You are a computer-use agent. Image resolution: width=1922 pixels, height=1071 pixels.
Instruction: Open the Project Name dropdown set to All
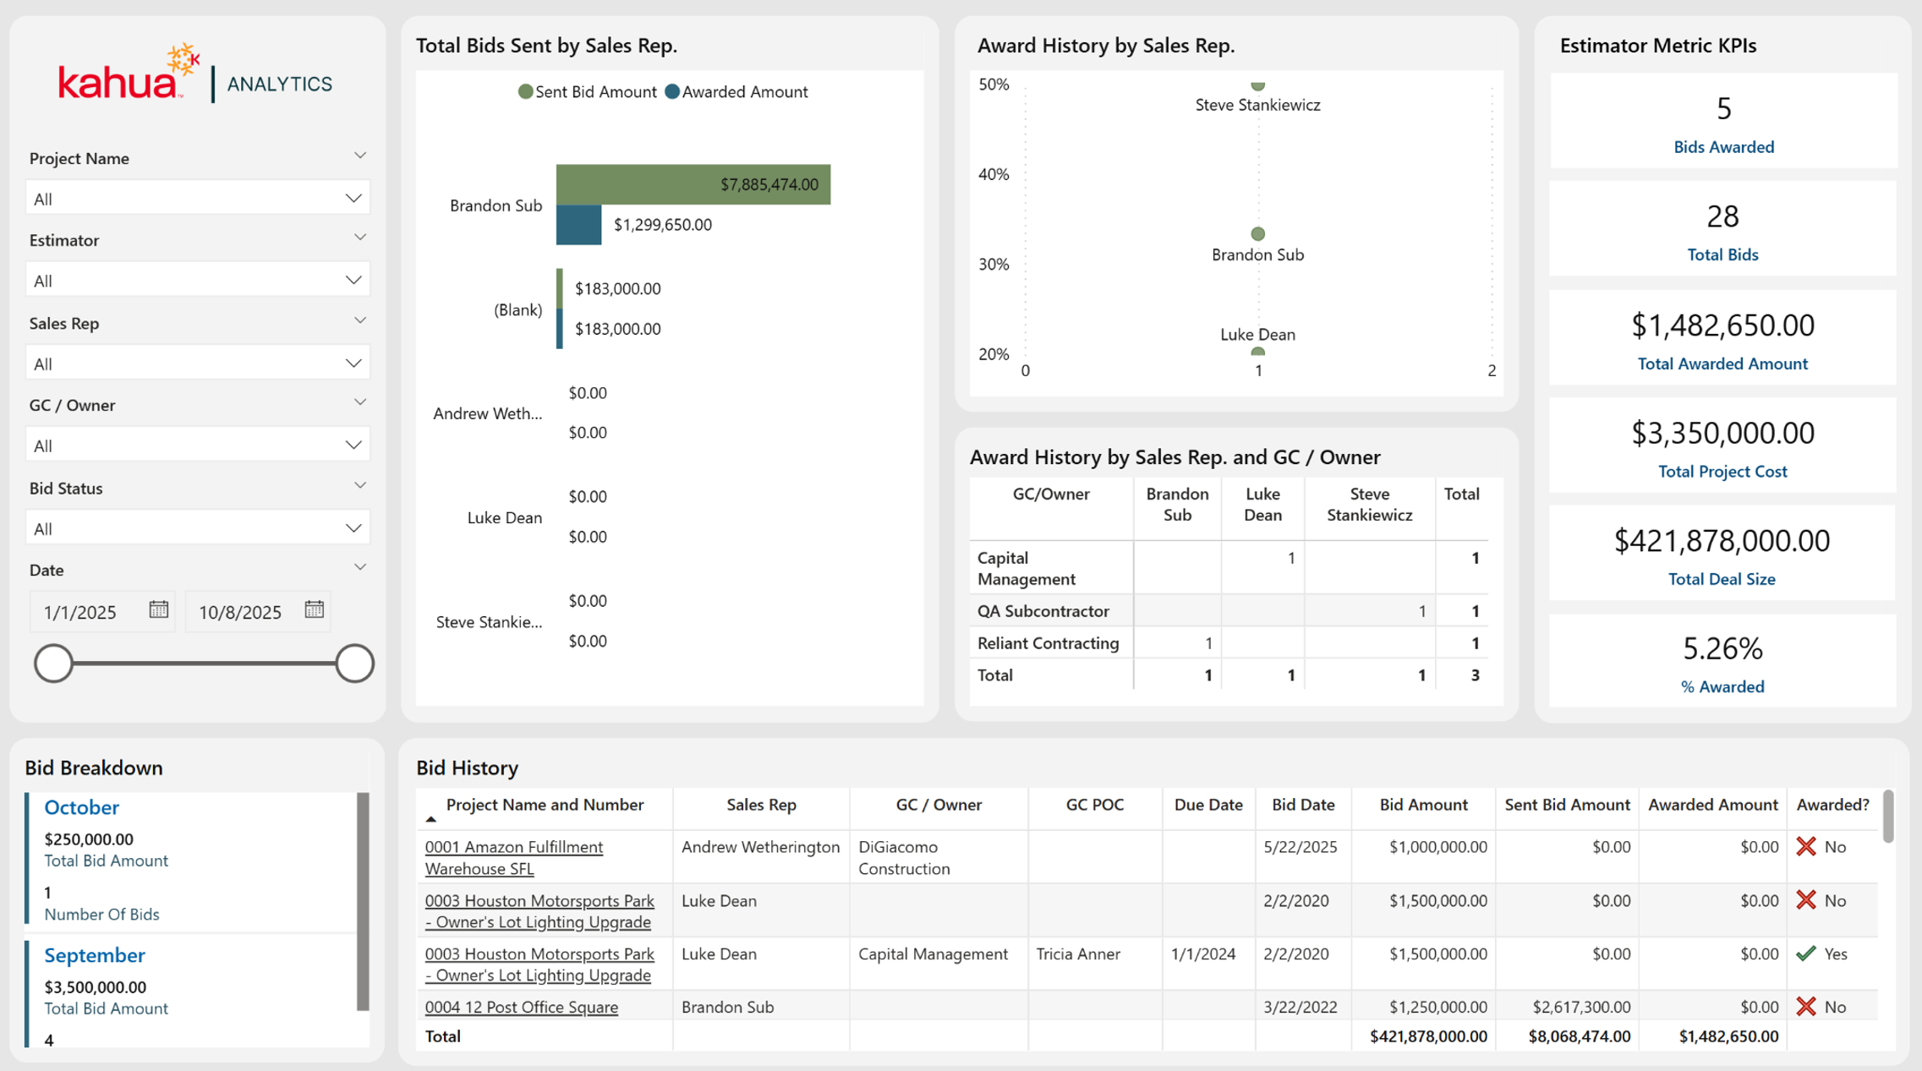(x=198, y=199)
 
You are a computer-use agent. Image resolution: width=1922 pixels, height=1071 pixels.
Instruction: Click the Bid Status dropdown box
(x=198, y=528)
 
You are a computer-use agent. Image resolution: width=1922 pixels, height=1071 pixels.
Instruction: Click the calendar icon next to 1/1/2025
(x=158, y=609)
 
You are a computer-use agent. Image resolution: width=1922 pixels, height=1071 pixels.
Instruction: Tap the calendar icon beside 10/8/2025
(x=314, y=609)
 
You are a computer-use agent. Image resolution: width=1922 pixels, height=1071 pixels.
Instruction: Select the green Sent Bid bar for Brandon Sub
(x=693, y=184)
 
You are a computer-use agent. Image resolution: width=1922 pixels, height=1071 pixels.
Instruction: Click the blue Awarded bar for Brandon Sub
(x=579, y=225)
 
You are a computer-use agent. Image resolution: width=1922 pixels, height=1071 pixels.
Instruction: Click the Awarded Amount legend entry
(x=736, y=92)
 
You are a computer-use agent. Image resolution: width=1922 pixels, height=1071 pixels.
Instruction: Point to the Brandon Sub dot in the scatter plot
(x=1258, y=233)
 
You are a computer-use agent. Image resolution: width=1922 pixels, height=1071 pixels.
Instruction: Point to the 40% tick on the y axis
(x=994, y=174)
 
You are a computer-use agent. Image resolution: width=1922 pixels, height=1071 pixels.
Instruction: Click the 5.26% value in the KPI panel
(x=1722, y=648)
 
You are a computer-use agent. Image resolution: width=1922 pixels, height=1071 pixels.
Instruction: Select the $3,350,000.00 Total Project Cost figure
(x=1722, y=433)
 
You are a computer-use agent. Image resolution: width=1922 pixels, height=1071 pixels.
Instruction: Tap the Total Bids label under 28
(x=1722, y=254)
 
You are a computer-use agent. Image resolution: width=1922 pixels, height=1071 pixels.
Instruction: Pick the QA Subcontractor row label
(x=1043, y=611)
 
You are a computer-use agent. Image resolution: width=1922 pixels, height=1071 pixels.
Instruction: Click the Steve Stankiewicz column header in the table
(x=1369, y=505)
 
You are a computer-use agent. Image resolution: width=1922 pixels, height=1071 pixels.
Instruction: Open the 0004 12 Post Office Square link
(x=521, y=1007)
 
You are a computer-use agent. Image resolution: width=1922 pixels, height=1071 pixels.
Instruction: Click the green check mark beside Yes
(x=1806, y=954)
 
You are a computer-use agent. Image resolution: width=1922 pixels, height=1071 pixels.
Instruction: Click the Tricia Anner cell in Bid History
(x=1078, y=954)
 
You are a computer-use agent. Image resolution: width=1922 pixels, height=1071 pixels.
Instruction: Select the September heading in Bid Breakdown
(x=95, y=955)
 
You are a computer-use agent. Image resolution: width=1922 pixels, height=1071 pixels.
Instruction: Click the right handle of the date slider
(x=354, y=664)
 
